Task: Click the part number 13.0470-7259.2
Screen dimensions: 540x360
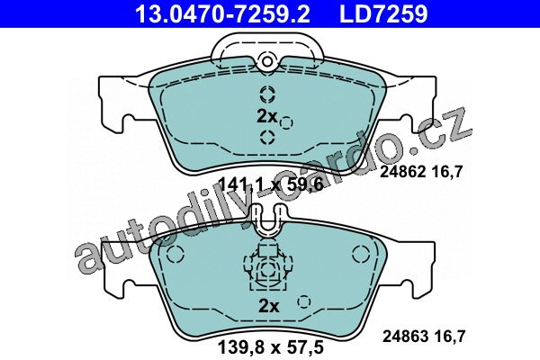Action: point(222,13)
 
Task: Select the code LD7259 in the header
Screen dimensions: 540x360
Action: point(383,13)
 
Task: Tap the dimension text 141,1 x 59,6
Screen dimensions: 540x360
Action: point(271,184)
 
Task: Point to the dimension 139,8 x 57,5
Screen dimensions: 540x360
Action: point(271,347)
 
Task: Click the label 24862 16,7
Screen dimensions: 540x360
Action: point(420,172)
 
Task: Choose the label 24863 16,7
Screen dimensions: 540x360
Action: point(424,337)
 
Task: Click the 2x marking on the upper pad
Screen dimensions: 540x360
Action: point(267,116)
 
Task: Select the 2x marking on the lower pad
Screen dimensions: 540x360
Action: point(268,305)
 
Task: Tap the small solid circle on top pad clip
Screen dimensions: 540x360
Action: point(267,61)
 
